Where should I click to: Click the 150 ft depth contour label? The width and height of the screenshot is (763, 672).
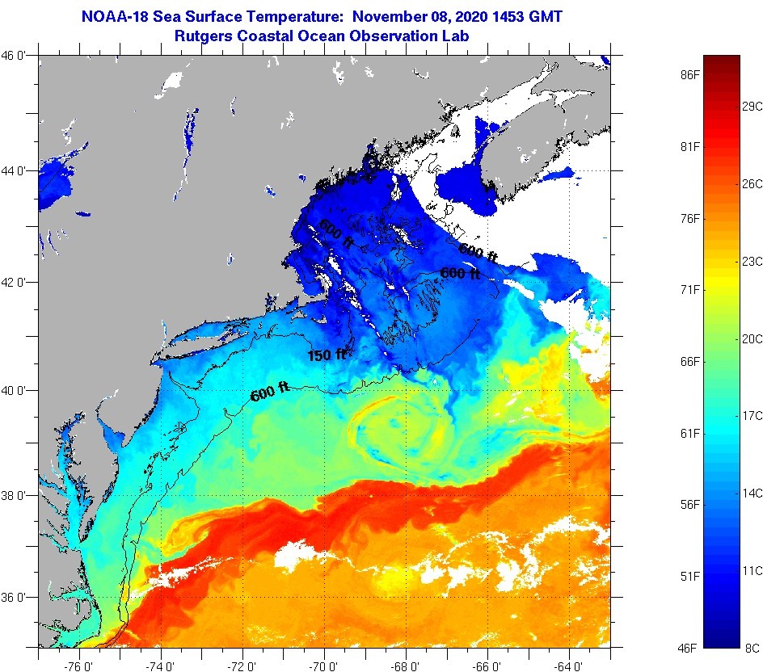[x=327, y=355]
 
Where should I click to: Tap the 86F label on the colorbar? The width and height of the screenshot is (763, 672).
[x=689, y=74]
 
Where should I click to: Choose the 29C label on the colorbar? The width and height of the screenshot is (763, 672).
[x=752, y=106]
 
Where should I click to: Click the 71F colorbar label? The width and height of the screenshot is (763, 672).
[x=689, y=290]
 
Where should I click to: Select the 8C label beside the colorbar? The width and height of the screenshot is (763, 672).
[x=752, y=648]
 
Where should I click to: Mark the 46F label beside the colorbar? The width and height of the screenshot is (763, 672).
[x=689, y=648]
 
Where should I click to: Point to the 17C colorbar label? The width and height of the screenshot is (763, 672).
[x=752, y=415]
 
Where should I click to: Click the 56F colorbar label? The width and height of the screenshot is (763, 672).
[x=689, y=505]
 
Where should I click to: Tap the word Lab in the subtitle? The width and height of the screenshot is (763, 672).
[x=457, y=36]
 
